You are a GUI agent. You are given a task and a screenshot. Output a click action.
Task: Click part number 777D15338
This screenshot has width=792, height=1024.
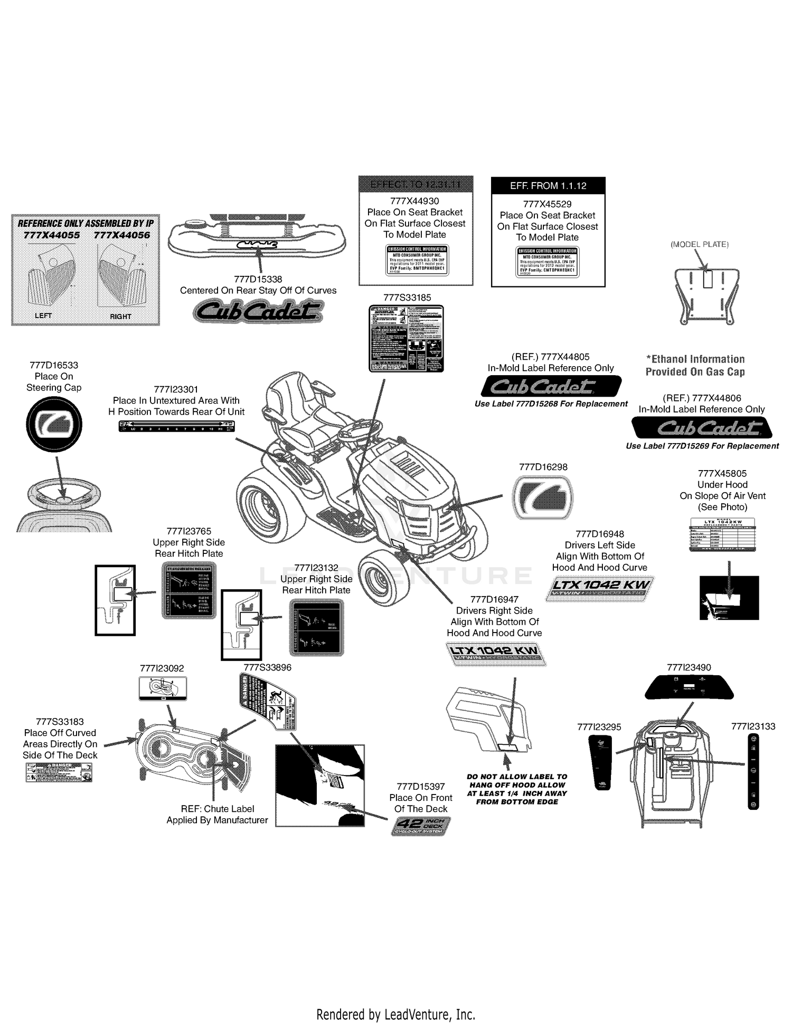(x=258, y=279)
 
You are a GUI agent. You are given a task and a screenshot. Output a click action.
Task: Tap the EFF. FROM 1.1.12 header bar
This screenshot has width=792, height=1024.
(x=548, y=186)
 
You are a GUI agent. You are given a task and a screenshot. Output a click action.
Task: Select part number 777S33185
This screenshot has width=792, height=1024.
(x=407, y=298)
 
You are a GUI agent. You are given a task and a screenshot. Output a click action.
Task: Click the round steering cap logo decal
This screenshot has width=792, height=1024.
(x=54, y=425)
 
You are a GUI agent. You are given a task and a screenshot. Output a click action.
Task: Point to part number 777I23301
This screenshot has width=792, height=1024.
(x=176, y=389)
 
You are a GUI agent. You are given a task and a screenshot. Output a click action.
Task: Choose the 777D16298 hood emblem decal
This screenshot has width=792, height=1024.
(x=543, y=497)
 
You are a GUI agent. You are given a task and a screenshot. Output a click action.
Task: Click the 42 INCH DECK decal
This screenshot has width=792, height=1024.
(x=421, y=826)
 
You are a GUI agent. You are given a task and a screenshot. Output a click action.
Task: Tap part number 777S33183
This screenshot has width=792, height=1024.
(x=60, y=722)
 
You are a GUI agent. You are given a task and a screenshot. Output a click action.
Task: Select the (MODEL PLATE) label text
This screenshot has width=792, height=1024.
(x=699, y=244)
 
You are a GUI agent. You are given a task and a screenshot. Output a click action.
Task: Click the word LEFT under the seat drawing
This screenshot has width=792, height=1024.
(x=43, y=315)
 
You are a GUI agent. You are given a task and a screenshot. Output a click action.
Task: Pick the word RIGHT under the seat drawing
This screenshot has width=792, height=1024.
(x=120, y=317)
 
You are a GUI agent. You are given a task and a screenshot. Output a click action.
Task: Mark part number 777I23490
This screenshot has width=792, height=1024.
(x=689, y=667)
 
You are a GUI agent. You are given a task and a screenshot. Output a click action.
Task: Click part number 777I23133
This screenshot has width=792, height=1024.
(x=753, y=726)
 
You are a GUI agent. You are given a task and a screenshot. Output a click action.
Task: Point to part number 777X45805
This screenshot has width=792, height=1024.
(x=722, y=473)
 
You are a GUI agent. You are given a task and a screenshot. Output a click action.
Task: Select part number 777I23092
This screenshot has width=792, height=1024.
(x=162, y=668)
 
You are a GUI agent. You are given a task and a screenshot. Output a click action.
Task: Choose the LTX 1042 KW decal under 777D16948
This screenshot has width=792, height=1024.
(x=599, y=589)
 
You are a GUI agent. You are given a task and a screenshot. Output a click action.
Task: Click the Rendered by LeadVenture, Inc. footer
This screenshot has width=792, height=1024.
(x=395, y=1014)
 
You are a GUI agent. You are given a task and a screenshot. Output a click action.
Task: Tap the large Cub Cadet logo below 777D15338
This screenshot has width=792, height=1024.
(x=258, y=311)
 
